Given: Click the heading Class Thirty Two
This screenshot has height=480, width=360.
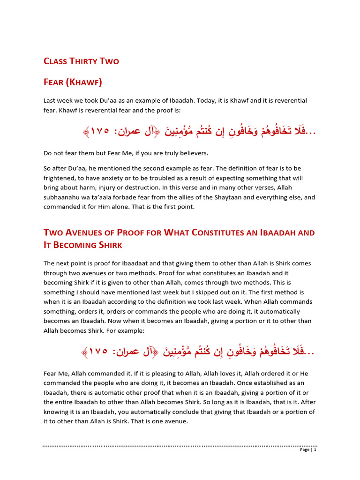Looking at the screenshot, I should tap(81, 61).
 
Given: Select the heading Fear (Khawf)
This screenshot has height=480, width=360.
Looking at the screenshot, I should tap(73, 82).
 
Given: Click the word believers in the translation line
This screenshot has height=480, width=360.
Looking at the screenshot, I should tap(191, 153).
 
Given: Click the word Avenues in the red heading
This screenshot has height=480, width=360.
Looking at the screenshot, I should tap(91, 232).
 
